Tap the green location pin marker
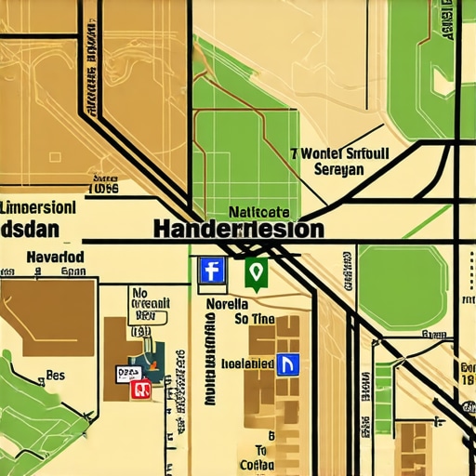pyautogui.click(x=256, y=271)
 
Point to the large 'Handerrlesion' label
pyautogui.click(x=237, y=229)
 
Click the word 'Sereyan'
pyautogui.click(x=339, y=169)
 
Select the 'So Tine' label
pyautogui.click(x=254, y=319)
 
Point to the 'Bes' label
pyautogui.click(x=55, y=377)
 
